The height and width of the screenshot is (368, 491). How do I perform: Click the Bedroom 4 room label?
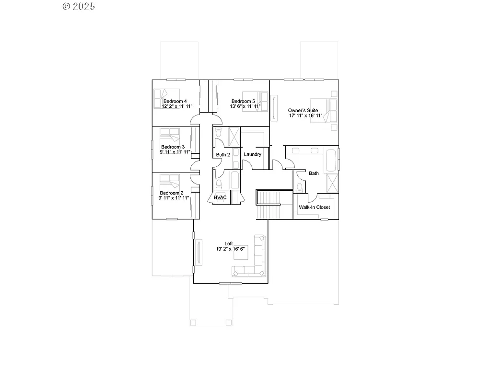pyautogui.click(x=175, y=101)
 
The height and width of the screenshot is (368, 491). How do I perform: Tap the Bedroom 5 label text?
pyautogui.click(x=243, y=101)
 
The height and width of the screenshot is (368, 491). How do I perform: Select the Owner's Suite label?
pyautogui.click(x=303, y=110)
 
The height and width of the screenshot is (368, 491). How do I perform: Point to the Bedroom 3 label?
pyautogui.click(x=173, y=147)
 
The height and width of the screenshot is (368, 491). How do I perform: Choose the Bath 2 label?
pyautogui.click(x=223, y=155)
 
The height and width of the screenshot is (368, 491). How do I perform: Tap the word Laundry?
pyautogui.click(x=252, y=154)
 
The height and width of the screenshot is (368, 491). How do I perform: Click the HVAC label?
pyautogui.click(x=220, y=197)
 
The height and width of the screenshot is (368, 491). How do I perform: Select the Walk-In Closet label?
pyautogui.click(x=314, y=207)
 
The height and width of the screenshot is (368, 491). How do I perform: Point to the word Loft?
pyautogui.click(x=229, y=243)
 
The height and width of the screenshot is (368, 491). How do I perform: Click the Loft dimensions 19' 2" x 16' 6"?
pyautogui.click(x=230, y=249)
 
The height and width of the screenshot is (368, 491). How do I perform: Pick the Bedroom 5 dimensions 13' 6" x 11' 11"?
pyautogui.click(x=245, y=107)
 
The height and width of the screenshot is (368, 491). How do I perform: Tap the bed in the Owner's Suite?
pyautogui.click(x=324, y=110)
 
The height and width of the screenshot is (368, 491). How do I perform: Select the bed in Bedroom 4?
pyautogui.click(x=165, y=99)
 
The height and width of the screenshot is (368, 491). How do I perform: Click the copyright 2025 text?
pyautogui.click(x=79, y=6)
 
